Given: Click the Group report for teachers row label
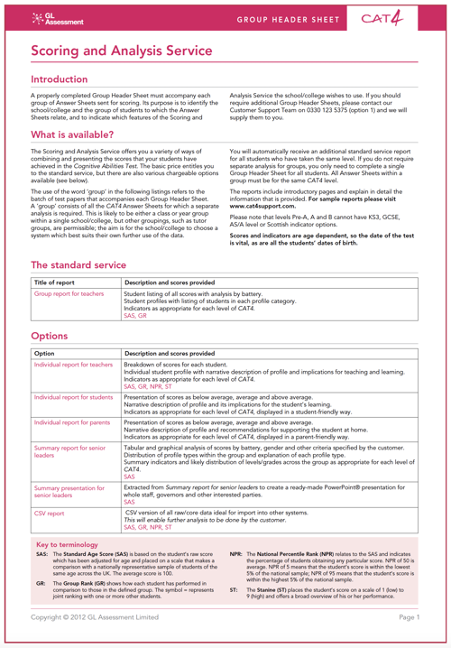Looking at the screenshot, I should (x=69, y=294).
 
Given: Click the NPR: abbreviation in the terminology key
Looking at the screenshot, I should (x=235, y=556).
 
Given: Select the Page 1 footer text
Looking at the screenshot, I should (x=409, y=616).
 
